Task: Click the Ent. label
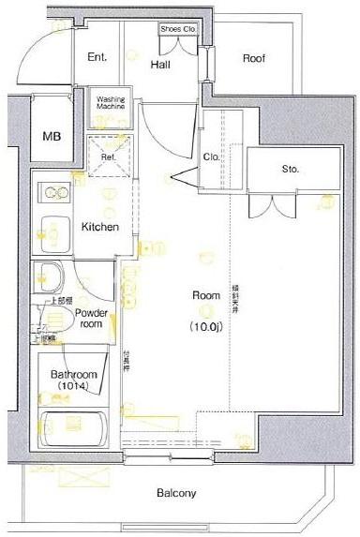pyautogui.click(x=97, y=57)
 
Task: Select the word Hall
pyautogui.click(x=158, y=64)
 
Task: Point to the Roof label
pyautogui.click(x=254, y=58)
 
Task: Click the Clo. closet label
pyautogui.click(x=212, y=157)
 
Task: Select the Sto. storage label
pyautogui.click(x=291, y=170)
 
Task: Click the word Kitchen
pyautogui.click(x=98, y=227)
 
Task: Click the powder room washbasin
pyautogui.click(x=48, y=276)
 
